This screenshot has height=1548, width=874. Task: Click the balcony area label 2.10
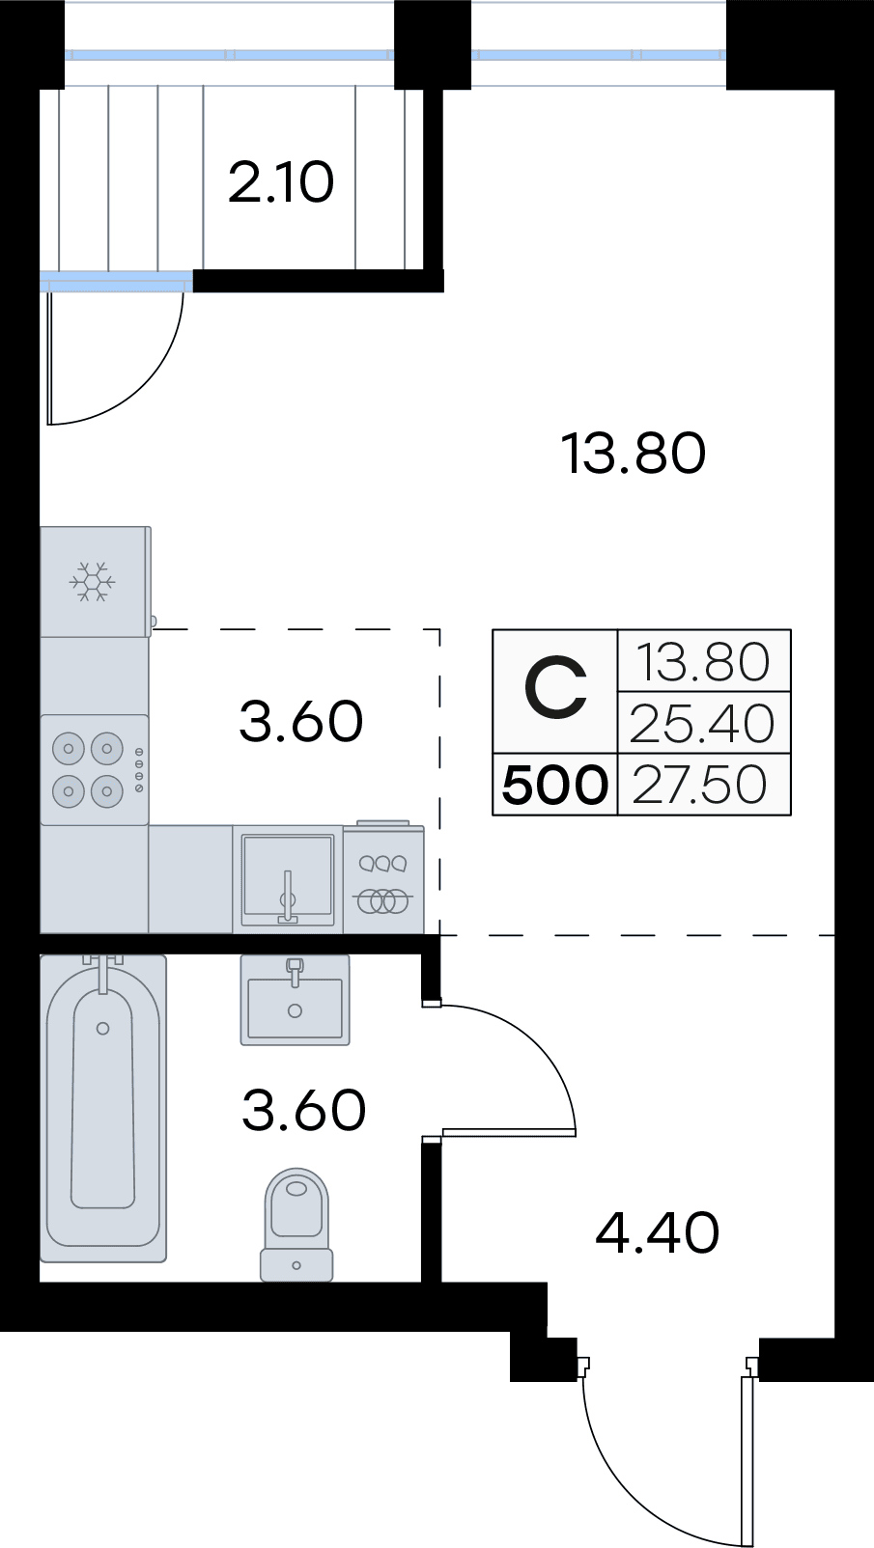281,182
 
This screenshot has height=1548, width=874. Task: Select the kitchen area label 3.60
300,721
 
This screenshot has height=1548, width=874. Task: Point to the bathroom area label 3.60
303,1110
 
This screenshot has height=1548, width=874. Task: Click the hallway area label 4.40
658,1232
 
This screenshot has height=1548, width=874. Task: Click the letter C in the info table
555,690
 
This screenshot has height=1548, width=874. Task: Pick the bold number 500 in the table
555,785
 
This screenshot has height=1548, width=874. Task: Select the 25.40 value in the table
702,724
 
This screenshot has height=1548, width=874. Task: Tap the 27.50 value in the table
700,785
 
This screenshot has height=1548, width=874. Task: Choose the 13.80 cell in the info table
703,663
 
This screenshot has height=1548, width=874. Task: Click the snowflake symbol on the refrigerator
93,582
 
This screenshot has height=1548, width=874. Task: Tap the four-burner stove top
88,769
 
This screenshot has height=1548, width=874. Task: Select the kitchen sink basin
288,878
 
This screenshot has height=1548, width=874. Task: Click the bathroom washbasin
295,1004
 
